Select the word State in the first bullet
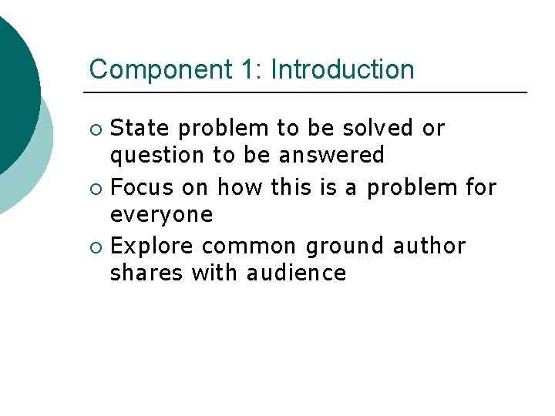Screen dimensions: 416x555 click(x=138, y=128)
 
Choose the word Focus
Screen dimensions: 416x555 click(x=142, y=187)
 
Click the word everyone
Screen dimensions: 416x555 click(x=161, y=215)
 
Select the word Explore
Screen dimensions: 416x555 click(x=153, y=247)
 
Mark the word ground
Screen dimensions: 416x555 click(x=345, y=247)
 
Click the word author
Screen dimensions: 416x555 click(x=429, y=247)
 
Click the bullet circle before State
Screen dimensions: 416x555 click(x=96, y=129)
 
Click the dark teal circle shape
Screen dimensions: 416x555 click(x=14, y=92)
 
